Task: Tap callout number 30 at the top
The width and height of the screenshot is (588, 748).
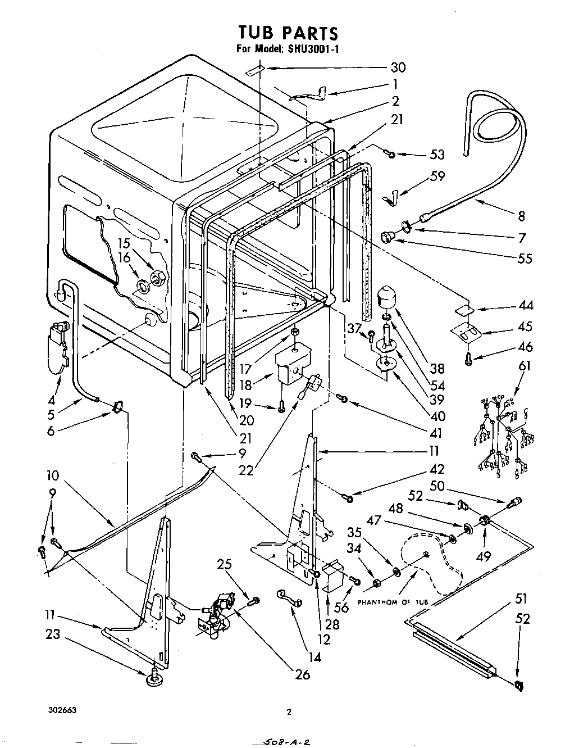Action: click(x=398, y=67)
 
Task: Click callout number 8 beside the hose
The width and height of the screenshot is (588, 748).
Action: click(x=521, y=216)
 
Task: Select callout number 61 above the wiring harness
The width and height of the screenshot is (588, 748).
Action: click(x=523, y=366)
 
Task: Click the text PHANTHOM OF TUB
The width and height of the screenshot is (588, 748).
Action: click(x=393, y=602)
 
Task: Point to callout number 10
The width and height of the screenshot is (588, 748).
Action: click(x=53, y=475)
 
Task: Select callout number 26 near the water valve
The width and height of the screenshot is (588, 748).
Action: click(x=302, y=674)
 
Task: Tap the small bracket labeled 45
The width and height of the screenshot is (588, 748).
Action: click(x=466, y=333)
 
